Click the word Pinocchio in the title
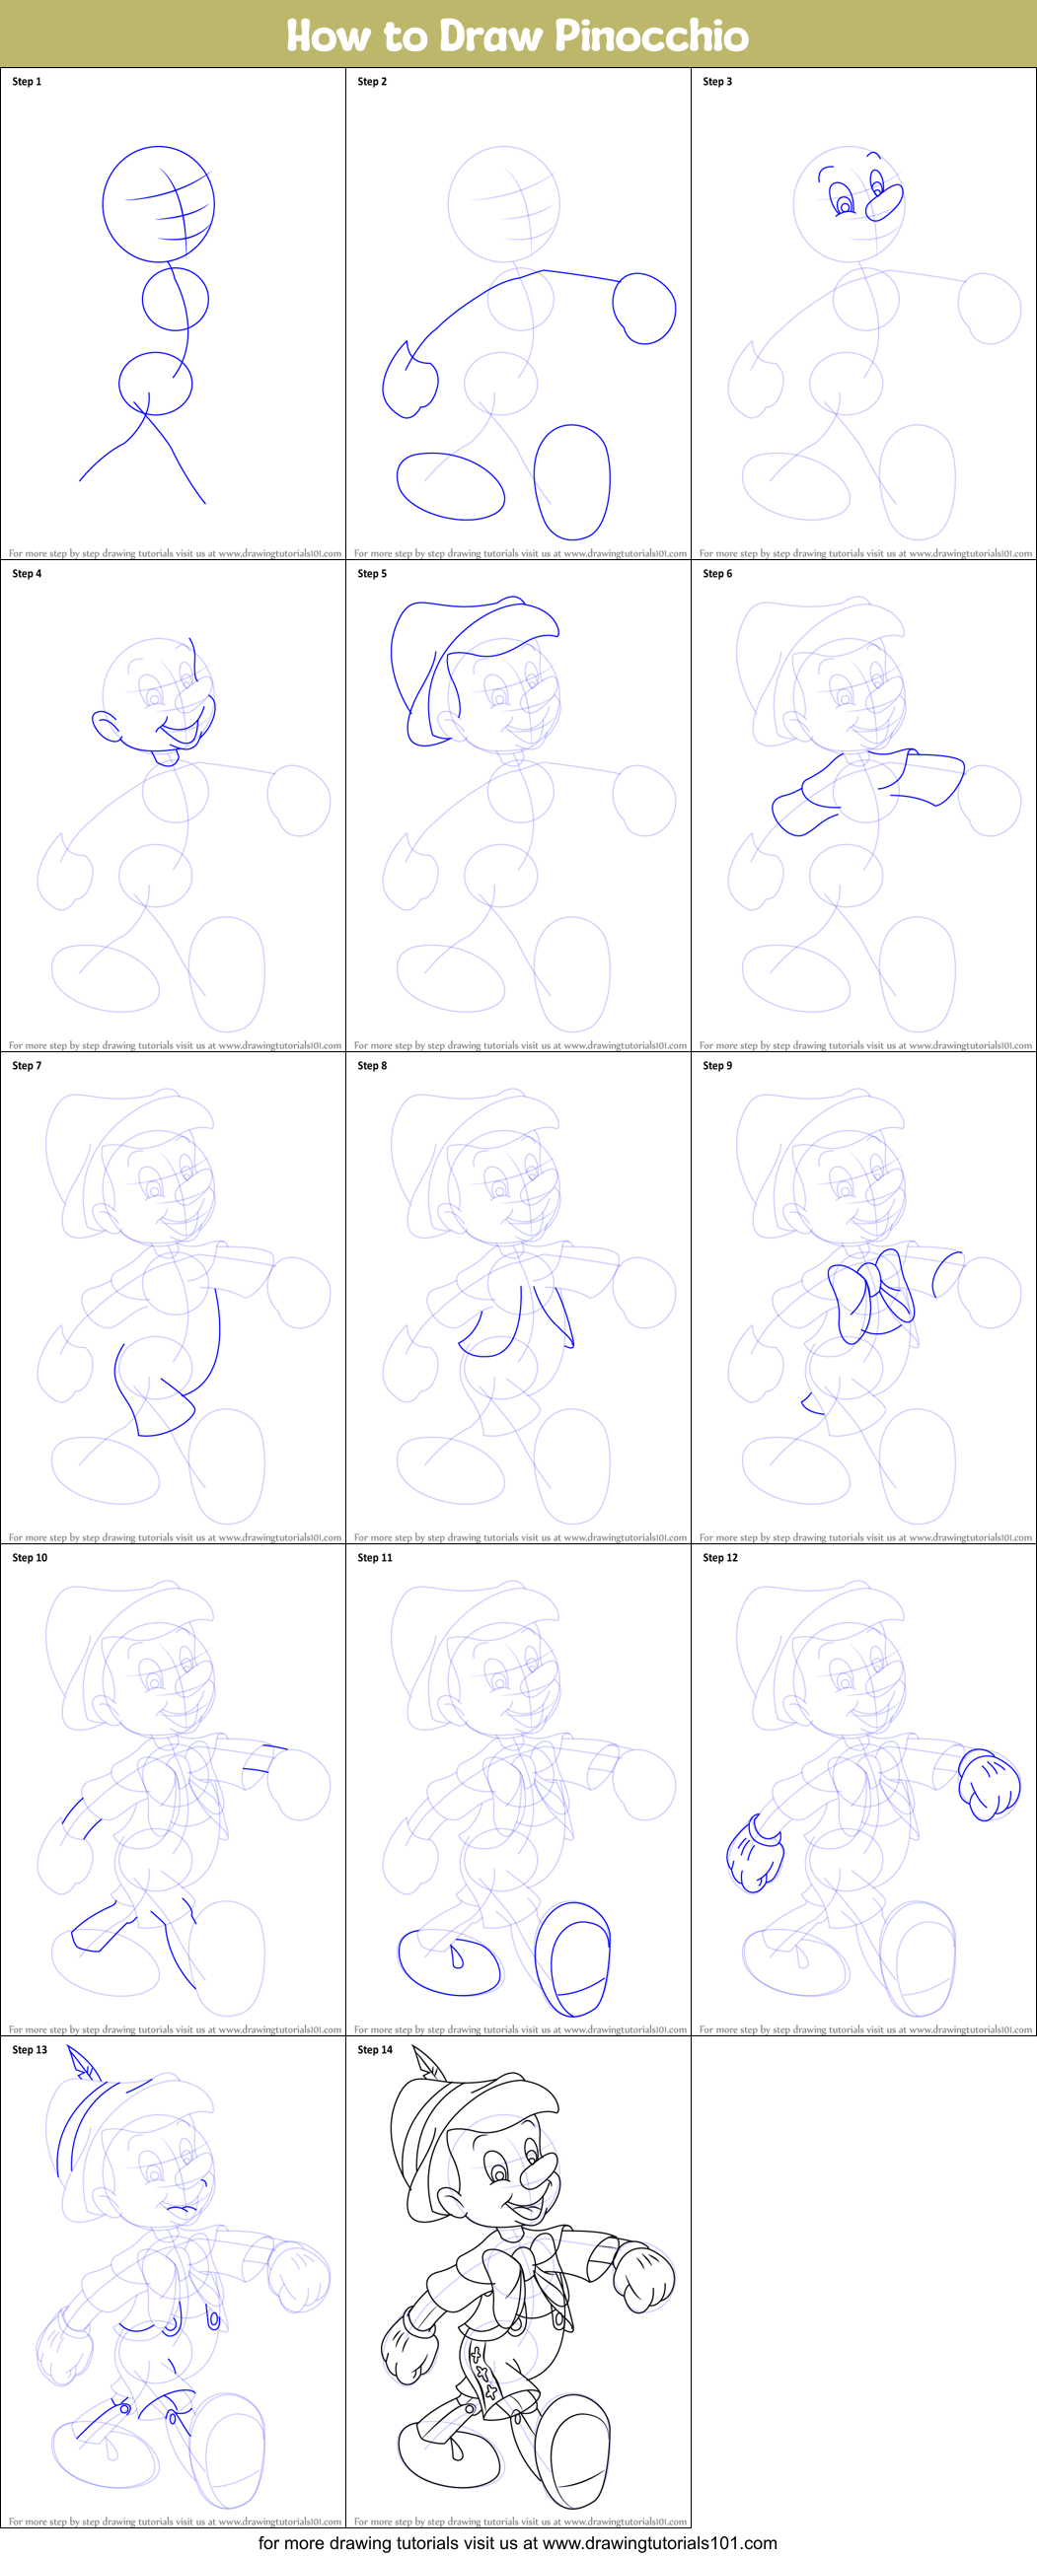650,36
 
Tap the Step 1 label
27,82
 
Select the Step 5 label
372,573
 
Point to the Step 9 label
717,1065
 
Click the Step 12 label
720,1557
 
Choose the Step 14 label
375,2049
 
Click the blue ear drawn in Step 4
106,727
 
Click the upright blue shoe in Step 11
573,1956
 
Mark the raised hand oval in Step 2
645,309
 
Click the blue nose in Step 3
884,202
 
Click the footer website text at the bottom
517,2543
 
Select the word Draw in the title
491,36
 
